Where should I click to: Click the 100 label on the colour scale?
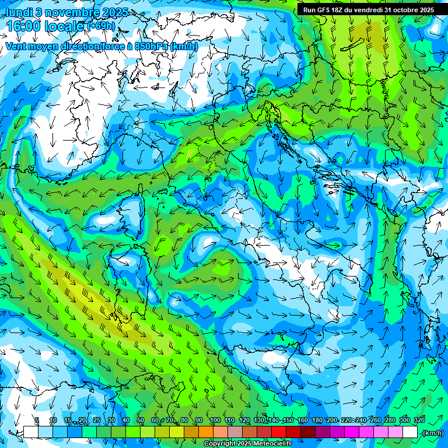[x=215, y=421]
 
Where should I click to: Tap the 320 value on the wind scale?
[x=419, y=421]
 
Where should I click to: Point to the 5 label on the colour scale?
[x=37, y=421]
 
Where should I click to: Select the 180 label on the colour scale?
[x=317, y=421]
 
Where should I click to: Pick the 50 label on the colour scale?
[x=140, y=421]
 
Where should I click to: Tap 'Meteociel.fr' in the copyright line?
[x=272, y=444]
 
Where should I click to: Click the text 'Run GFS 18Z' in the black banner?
[x=323, y=10]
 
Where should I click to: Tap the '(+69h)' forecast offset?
[x=101, y=26]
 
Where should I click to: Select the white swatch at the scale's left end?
[x=30, y=432]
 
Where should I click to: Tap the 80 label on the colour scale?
[x=184, y=421]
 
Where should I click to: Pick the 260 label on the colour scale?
[x=374, y=421]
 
